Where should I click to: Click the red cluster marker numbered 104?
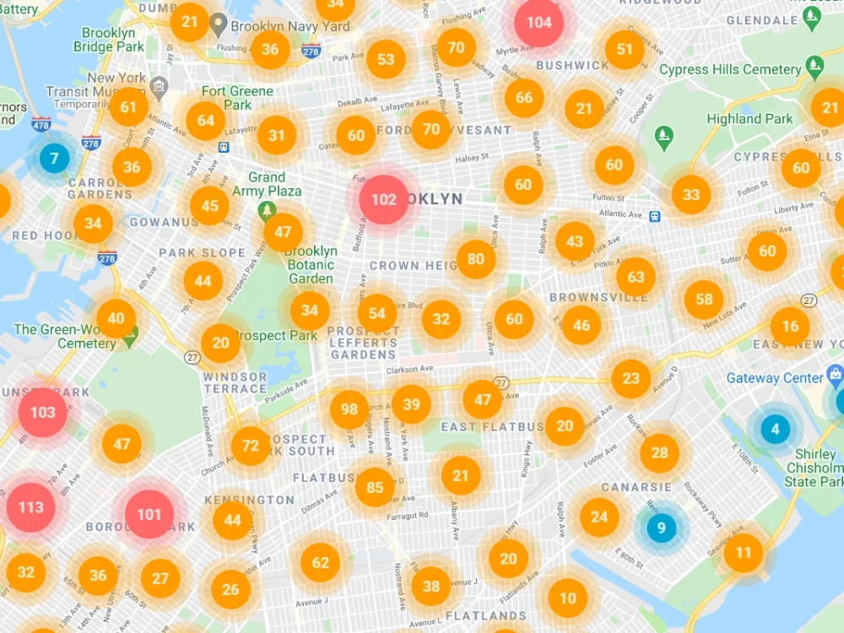539,22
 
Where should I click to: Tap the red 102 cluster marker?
383,200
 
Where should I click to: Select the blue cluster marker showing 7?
54,158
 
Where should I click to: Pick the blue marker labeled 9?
661,529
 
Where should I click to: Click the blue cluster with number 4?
775,429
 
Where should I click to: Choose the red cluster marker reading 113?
31,507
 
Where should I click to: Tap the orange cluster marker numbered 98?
349,409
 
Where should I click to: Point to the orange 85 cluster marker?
375,487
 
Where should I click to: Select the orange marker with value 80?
476,259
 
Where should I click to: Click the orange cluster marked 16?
790,327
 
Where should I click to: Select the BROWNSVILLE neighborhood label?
598,297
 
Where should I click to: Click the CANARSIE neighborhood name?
636,487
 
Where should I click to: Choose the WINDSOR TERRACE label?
235,382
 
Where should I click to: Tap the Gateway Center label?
774,378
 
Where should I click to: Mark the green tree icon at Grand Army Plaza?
268,210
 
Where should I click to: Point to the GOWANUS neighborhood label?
164,222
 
